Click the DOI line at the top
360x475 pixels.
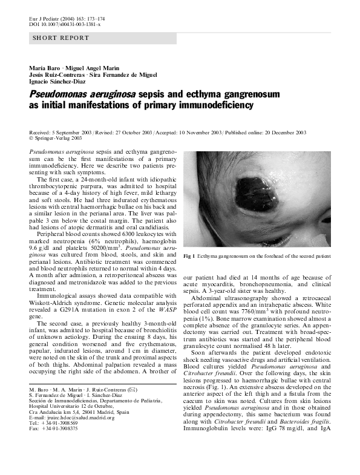65,24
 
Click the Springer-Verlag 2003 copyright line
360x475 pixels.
54,138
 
